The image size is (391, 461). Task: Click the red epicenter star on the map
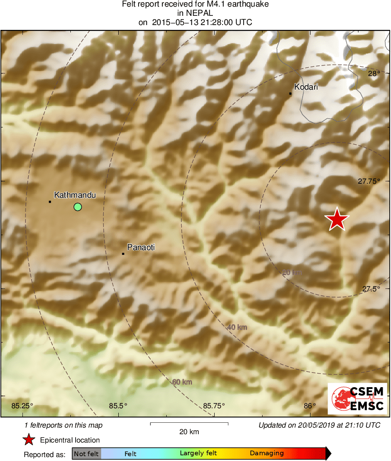(x=337, y=219)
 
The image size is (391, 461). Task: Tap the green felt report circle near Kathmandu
(x=78, y=207)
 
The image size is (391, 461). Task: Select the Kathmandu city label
(x=75, y=195)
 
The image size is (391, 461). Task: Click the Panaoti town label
(x=141, y=247)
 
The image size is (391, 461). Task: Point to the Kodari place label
(x=306, y=87)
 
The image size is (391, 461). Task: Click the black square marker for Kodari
(x=290, y=94)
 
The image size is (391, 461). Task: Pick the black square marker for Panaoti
(x=123, y=254)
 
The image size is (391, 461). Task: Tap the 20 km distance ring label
(x=292, y=272)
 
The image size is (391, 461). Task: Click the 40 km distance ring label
(x=237, y=327)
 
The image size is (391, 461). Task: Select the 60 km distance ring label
(x=182, y=382)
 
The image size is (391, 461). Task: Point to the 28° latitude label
(x=373, y=73)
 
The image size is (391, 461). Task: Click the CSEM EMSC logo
(x=357, y=398)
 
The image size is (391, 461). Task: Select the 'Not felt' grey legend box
(x=86, y=454)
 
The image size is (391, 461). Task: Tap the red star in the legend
(x=29, y=440)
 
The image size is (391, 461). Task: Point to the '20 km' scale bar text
(x=189, y=432)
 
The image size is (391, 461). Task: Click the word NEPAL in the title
(x=195, y=13)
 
